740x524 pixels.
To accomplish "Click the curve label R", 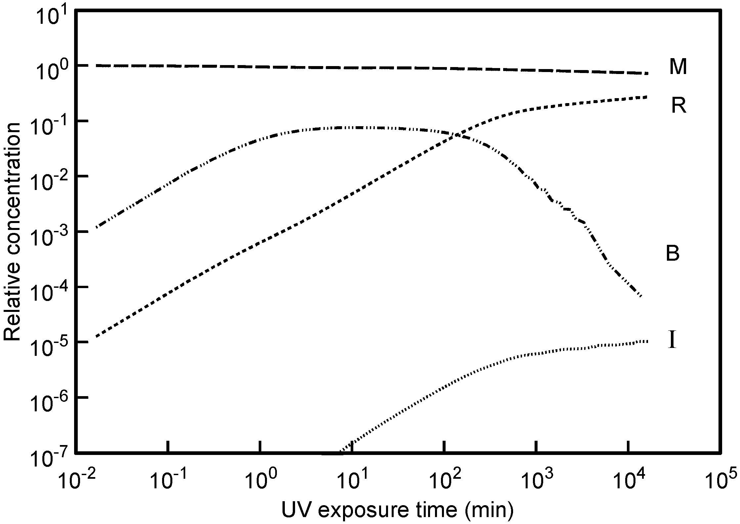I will tap(678, 106).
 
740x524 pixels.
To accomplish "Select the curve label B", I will tap(673, 254).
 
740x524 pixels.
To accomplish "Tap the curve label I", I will tap(672, 341).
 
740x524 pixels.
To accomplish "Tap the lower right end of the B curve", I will tap(641, 296).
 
